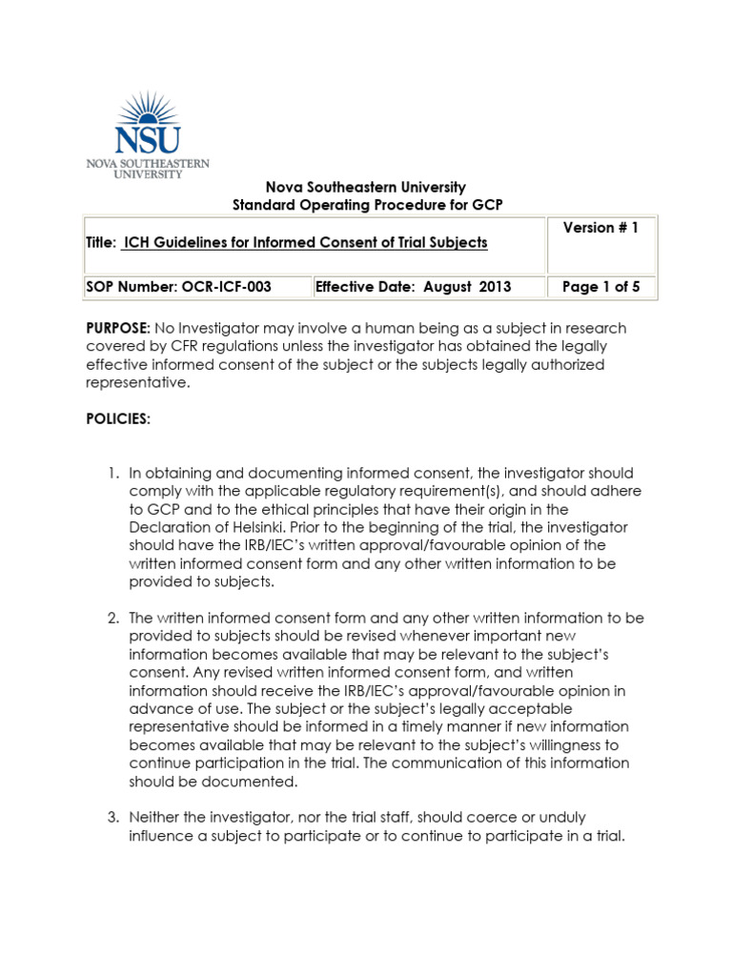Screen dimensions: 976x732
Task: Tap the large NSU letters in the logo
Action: tap(146, 141)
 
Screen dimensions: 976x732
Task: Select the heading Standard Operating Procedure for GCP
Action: tap(368, 205)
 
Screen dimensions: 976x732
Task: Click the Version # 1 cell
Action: tap(602, 228)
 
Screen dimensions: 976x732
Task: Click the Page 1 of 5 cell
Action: tap(601, 287)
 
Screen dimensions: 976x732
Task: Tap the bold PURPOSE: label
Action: tap(118, 328)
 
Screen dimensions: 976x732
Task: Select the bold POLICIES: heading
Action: tap(117, 419)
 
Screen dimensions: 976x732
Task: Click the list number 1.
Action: tap(112, 473)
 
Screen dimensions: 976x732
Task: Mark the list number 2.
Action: tap(112, 618)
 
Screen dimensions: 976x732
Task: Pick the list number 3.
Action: tap(112, 818)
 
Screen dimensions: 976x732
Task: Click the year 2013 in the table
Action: tap(495, 287)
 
